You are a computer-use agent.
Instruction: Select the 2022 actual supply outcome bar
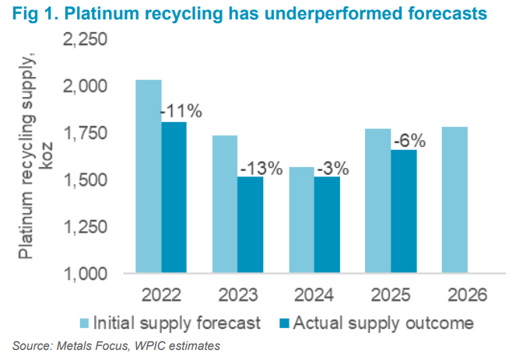174,197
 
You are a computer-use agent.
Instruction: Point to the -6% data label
408,142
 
